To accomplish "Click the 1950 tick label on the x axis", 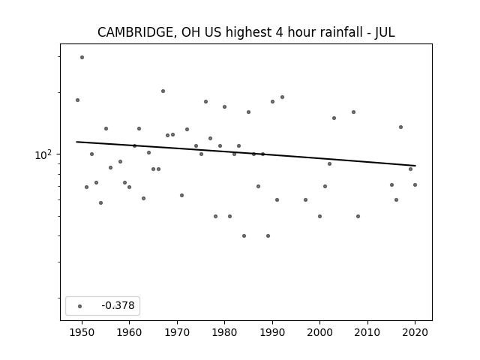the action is coord(82,332).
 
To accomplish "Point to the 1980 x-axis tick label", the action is coord(224,332).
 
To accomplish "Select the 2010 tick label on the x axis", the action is coord(367,332).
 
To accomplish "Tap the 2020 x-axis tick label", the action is coord(415,332).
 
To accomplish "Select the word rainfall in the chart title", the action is coord(343,32).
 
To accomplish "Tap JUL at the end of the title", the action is coord(385,32).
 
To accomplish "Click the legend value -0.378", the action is coord(118,305).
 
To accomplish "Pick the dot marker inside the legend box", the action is coord(79,306).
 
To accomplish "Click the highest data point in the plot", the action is coord(82,57).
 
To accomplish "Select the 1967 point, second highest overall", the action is coord(163,91).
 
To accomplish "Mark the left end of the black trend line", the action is coord(76,142).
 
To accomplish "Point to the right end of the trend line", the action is coord(415,166).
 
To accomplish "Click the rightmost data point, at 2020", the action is coord(415,184).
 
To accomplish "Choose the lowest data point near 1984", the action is coord(244,235).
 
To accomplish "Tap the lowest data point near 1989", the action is coord(268,235).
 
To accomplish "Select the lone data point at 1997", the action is coord(305,200).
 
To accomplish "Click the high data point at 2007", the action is coord(353,112).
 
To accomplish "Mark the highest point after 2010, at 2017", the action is coord(400,127).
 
